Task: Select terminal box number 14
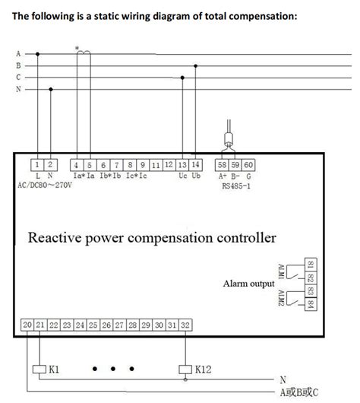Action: coord(196,164)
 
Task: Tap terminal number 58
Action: coord(223,164)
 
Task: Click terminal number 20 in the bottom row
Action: coord(27,325)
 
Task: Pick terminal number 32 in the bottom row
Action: coord(185,325)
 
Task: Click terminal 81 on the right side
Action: coord(310,265)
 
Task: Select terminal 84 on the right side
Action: coord(310,303)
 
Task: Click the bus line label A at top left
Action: coord(18,53)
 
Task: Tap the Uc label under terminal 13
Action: coord(183,176)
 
